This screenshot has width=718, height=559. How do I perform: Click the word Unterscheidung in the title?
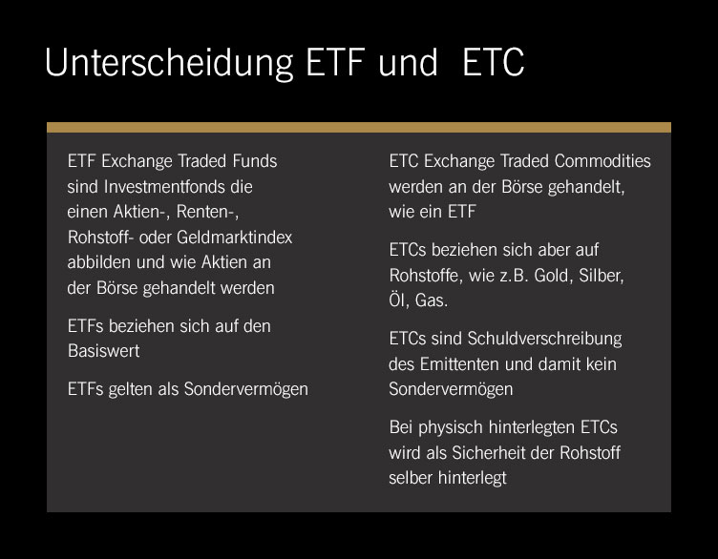pos(169,64)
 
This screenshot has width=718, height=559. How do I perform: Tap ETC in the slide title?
pos(494,62)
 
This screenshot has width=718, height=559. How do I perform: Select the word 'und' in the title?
pos(408,62)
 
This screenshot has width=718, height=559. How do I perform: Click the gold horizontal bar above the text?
pos(359,127)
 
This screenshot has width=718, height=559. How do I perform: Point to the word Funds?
pos(255,161)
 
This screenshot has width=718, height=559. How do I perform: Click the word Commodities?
pos(602,161)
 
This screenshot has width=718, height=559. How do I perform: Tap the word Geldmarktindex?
pos(235,238)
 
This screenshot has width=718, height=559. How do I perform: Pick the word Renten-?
pos(207,212)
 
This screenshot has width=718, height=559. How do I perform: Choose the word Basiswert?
pos(103,351)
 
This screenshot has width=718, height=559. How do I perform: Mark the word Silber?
pos(602,276)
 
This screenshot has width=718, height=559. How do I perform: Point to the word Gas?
pos(432,300)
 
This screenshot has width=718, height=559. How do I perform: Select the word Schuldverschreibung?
pos(544,339)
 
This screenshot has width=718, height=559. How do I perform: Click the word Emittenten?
pos(459,364)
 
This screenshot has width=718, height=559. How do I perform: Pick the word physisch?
pos(450,427)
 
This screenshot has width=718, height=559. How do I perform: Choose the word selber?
pos(411,478)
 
